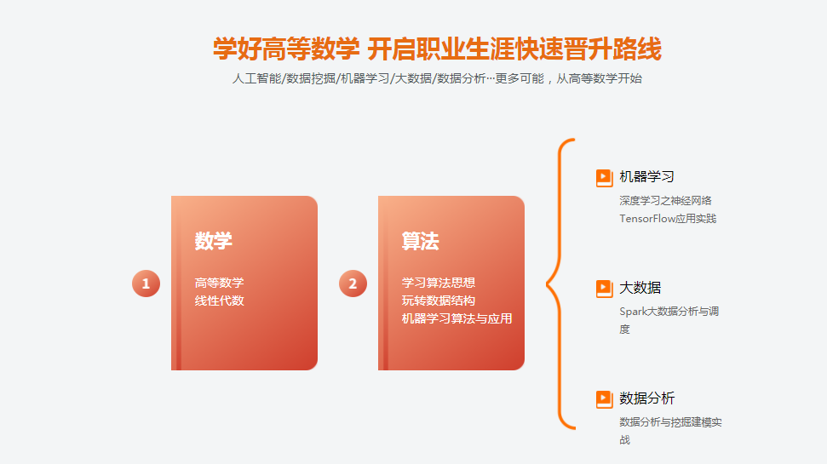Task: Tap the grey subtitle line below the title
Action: [437, 78]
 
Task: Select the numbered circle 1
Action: [146, 284]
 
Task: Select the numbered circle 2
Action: [353, 284]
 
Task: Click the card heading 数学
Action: [213, 241]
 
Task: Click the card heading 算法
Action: [420, 241]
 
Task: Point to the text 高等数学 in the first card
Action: [219, 283]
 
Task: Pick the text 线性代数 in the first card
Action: [219, 301]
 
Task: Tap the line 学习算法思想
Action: [439, 283]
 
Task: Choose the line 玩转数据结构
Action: [439, 301]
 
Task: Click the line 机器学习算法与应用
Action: [457, 318]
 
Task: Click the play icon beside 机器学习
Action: [604, 177]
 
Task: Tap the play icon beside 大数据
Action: [604, 288]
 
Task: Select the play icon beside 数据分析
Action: [604, 398]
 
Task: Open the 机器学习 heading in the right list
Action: [646, 177]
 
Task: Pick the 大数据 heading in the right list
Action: [640, 288]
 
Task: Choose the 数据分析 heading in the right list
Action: [646, 398]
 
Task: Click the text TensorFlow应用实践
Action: [668, 219]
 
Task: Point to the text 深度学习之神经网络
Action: [665, 201]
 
